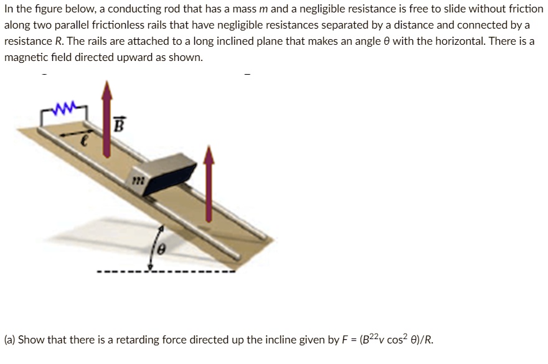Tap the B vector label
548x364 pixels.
click(x=119, y=125)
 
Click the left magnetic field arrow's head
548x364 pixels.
click(x=107, y=90)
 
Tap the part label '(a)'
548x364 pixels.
click(x=10, y=340)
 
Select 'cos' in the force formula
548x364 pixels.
click(x=395, y=340)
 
